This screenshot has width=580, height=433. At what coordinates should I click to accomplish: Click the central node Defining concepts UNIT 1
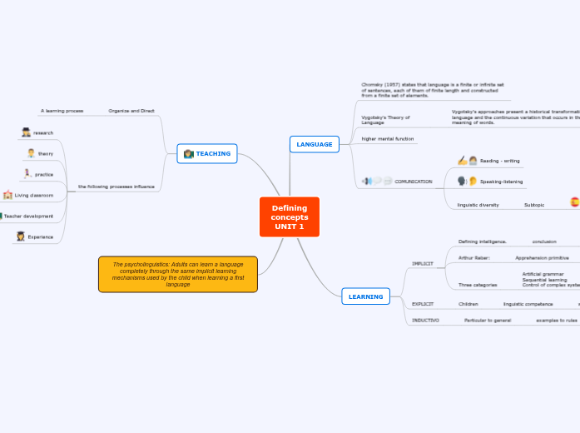click(289, 216)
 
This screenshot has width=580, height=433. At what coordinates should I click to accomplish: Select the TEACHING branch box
click(207, 153)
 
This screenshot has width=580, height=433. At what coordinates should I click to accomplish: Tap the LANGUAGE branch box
click(314, 144)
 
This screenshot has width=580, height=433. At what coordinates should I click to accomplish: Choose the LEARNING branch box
click(365, 296)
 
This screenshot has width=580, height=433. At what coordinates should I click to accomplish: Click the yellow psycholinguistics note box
click(178, 274)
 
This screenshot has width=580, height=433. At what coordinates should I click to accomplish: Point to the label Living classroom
click(34, 195)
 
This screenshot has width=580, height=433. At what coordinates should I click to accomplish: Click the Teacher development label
click(28, 216)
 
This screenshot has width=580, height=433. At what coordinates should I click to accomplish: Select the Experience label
click(40, 236)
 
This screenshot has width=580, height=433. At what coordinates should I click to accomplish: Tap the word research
click(43, 132)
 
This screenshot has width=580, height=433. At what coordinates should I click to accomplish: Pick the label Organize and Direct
click(131, 110)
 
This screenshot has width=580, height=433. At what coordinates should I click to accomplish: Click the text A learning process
click(62, 110)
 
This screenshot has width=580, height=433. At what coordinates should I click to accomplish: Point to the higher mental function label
click(387, 138)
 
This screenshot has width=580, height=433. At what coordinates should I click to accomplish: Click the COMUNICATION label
click(413, 181)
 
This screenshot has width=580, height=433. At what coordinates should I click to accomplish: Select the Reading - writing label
click(499, 160)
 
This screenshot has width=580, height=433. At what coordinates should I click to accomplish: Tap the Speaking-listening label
click(501, 181)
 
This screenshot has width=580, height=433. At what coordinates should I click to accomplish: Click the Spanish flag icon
click(574, 202)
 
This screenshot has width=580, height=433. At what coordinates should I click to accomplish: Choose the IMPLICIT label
click(422, 263)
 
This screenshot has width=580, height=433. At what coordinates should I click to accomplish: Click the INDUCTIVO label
click(425, 320)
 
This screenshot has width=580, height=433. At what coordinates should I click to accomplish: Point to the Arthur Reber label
click(473, 257)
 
